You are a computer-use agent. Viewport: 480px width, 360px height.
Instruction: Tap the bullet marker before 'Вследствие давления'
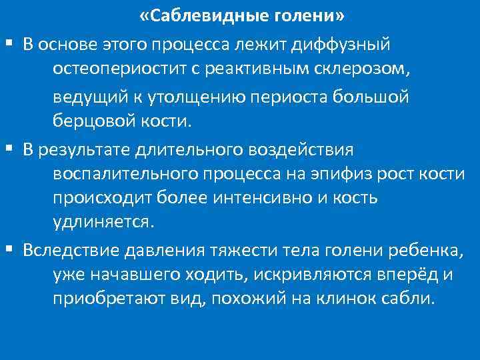[9, 249]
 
